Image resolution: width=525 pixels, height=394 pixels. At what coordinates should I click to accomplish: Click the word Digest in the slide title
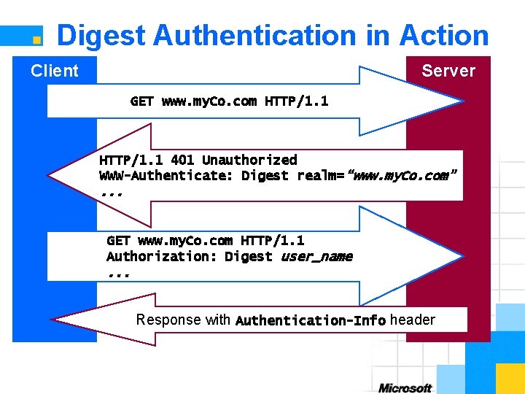(x=102, y=35)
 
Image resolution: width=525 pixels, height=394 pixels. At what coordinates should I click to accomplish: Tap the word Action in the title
(x=444, y=35)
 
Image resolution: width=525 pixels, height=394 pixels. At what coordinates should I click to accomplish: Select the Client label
(x=54, y=71)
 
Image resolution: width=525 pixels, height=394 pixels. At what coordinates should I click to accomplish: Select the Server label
(x=448, y=71)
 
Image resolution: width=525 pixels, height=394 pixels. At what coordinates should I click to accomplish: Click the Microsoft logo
(x=405, y=387)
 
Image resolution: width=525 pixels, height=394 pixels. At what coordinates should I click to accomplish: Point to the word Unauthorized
(x=249, y=160)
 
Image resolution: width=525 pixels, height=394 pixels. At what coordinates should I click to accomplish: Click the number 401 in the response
(x=182, y=160)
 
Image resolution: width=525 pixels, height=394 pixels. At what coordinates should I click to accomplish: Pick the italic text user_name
(x=316, y=256)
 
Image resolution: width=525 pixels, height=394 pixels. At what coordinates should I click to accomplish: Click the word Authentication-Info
(x=311, y=320)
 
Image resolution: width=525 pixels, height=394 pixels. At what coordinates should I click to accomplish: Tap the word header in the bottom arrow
(x=413, y=320)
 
